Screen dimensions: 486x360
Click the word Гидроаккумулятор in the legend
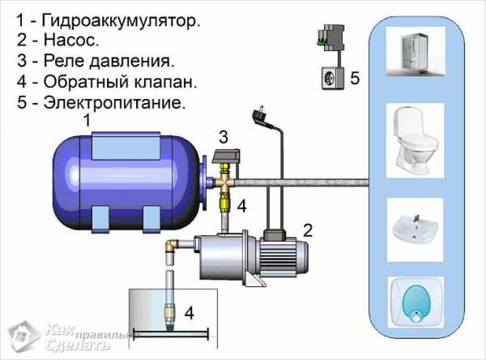[122, 21]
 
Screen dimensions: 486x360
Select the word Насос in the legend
[71, 40]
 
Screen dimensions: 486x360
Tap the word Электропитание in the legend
[114, 102]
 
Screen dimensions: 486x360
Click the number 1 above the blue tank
[87, 120]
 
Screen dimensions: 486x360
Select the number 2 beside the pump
[308, 230]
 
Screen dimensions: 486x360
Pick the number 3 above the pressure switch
[224, 137]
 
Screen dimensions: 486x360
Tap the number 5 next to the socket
[355, 78]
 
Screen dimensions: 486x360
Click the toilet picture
[416, 140]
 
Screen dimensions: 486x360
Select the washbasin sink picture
[416, 229]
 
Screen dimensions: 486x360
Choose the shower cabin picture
[416, 52]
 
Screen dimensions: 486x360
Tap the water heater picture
[416, 302]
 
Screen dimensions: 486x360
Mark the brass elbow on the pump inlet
[172, 246]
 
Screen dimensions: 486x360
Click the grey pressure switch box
[226, 156]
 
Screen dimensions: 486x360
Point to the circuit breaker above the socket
[331, 37]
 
